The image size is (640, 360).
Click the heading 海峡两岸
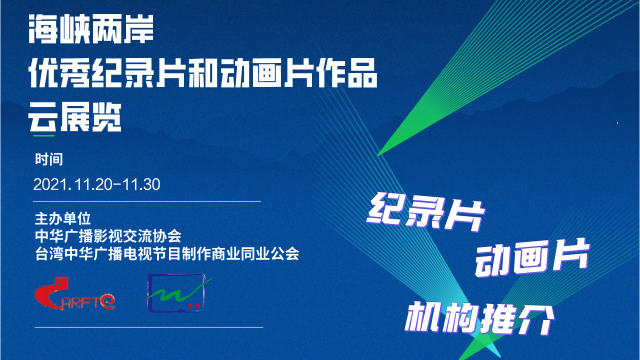pos(91,29)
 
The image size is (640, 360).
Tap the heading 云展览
pos(75,117)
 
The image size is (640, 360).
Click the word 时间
pos(49,159)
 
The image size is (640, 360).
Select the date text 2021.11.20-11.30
pos(97,184)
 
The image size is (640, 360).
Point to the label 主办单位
pos(63,219)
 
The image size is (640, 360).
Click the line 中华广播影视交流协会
pos(108,236)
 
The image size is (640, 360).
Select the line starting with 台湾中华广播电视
pos(167,253)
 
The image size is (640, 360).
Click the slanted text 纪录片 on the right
pos(425,212)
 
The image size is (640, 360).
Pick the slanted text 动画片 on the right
pos(532,258)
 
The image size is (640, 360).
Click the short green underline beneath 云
pos(44,135)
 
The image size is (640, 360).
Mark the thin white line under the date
pos(147,201)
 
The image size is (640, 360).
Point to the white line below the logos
pos(149,327)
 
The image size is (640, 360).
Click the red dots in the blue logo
pos(194,305)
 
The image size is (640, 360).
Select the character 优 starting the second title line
pos(43,73)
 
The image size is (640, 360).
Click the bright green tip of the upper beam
pos(378,155)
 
